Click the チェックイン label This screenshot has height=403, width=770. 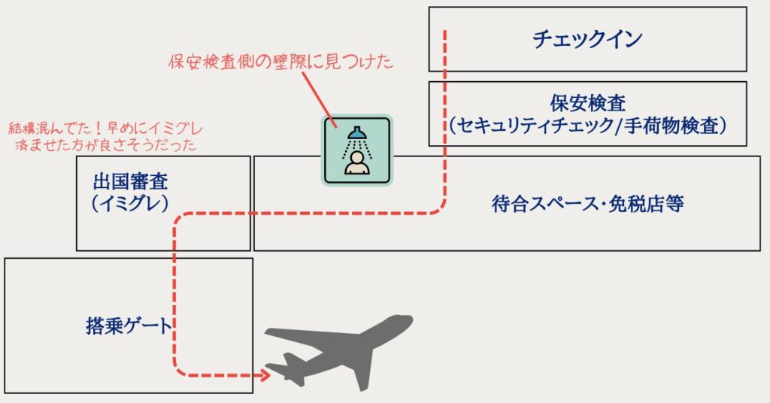(x=587, y=39)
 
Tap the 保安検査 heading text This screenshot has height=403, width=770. (x=587, y=102)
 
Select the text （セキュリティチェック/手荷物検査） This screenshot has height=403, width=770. (x=587, y=126)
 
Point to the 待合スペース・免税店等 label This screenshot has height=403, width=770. (x=587, y=204)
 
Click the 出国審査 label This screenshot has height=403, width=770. (x=130, y=182)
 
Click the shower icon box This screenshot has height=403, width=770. (x=358, y=150)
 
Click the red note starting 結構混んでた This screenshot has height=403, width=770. (x=105, y=128)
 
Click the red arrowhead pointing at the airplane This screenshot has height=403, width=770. (x=265, y=373)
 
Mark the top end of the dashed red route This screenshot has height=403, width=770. (x=445, y=32)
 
